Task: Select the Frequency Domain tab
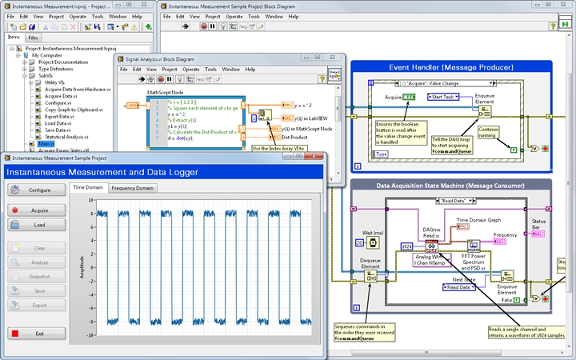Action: click(133, 188)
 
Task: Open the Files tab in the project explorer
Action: click(33, 38)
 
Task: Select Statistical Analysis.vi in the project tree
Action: click(69, 137)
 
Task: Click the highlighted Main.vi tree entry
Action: click(46, 144)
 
